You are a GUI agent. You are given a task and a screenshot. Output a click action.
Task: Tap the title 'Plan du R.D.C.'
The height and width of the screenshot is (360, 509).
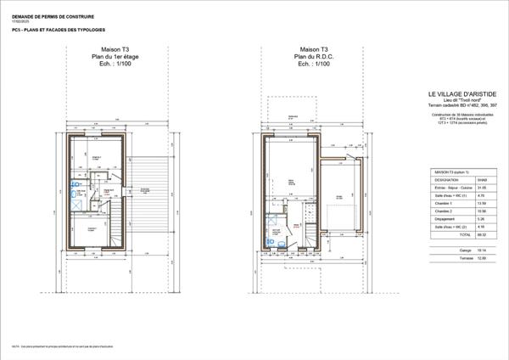290,58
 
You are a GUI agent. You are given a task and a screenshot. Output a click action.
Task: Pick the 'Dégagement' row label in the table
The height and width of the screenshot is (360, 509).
446,220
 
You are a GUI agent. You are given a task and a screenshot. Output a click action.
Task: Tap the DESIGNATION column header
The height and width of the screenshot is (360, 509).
448,179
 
